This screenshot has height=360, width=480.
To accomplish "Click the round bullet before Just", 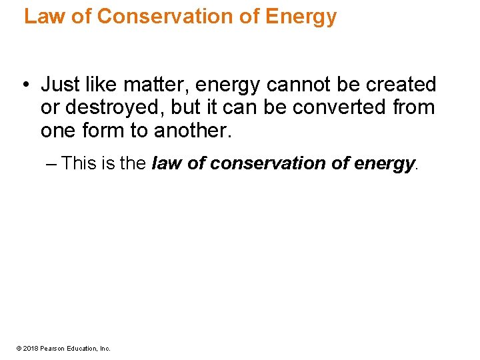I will pyautogui.click(x=23, y=85).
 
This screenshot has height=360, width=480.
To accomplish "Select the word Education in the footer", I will pyautogui.click(x=81, y=348).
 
